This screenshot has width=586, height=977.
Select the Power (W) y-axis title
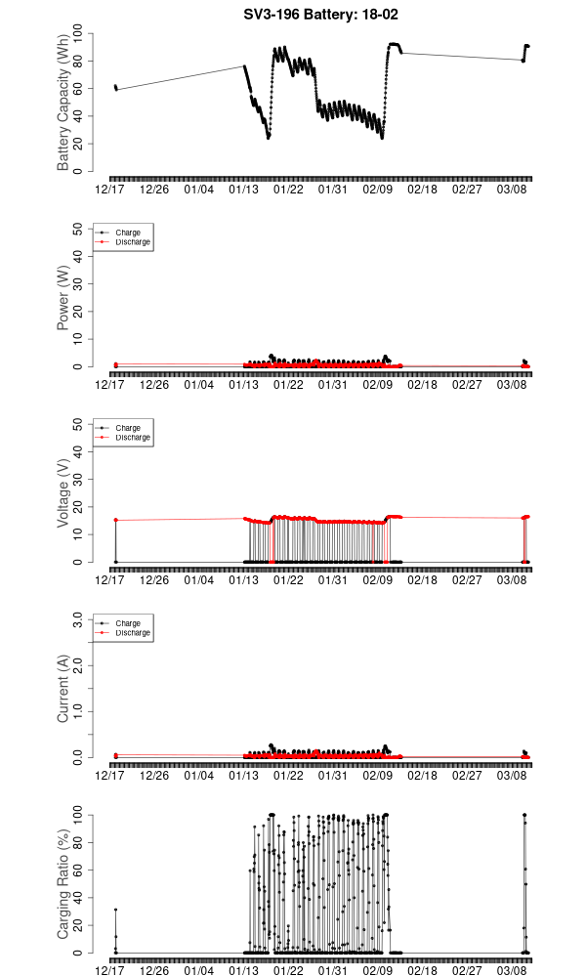[x=63, y=298]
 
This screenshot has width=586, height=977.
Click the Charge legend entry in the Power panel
[x=128, y=233]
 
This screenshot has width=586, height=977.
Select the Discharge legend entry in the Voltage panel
[x=133, y=437]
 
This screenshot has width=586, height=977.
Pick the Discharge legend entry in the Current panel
[x=133, y=632]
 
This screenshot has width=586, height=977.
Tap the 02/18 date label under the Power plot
[x=422, y=385]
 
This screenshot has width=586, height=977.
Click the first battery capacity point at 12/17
[x=115, y=87]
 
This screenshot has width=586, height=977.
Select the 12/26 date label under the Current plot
[x=154, y=776]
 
